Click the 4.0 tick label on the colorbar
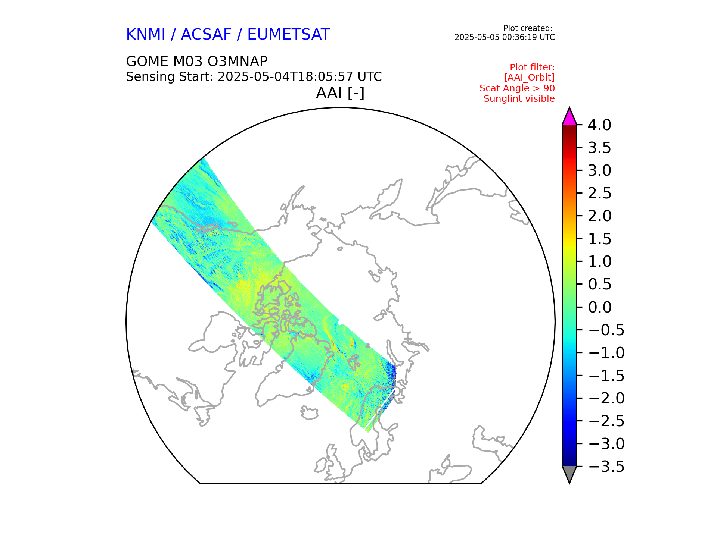(599, 125)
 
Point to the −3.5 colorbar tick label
(606, 467)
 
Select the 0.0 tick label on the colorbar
(599, 307)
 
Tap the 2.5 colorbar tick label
(599, 194)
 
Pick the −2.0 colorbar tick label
(606, 398)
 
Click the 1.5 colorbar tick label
(599, 239)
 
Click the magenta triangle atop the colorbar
(569, 117)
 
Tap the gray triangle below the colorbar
(569, 474)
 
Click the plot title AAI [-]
(340, 93)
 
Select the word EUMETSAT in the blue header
(288, 35)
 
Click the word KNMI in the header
(145, 35)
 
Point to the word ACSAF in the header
(206, 35)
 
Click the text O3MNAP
(243, 61)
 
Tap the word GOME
(147, 61)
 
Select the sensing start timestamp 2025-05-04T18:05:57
(285, 77)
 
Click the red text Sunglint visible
(519, 99)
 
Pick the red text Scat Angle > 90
(517, 88)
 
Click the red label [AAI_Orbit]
(529, 78)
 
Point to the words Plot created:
(528, 28)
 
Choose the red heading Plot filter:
(532, 67)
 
